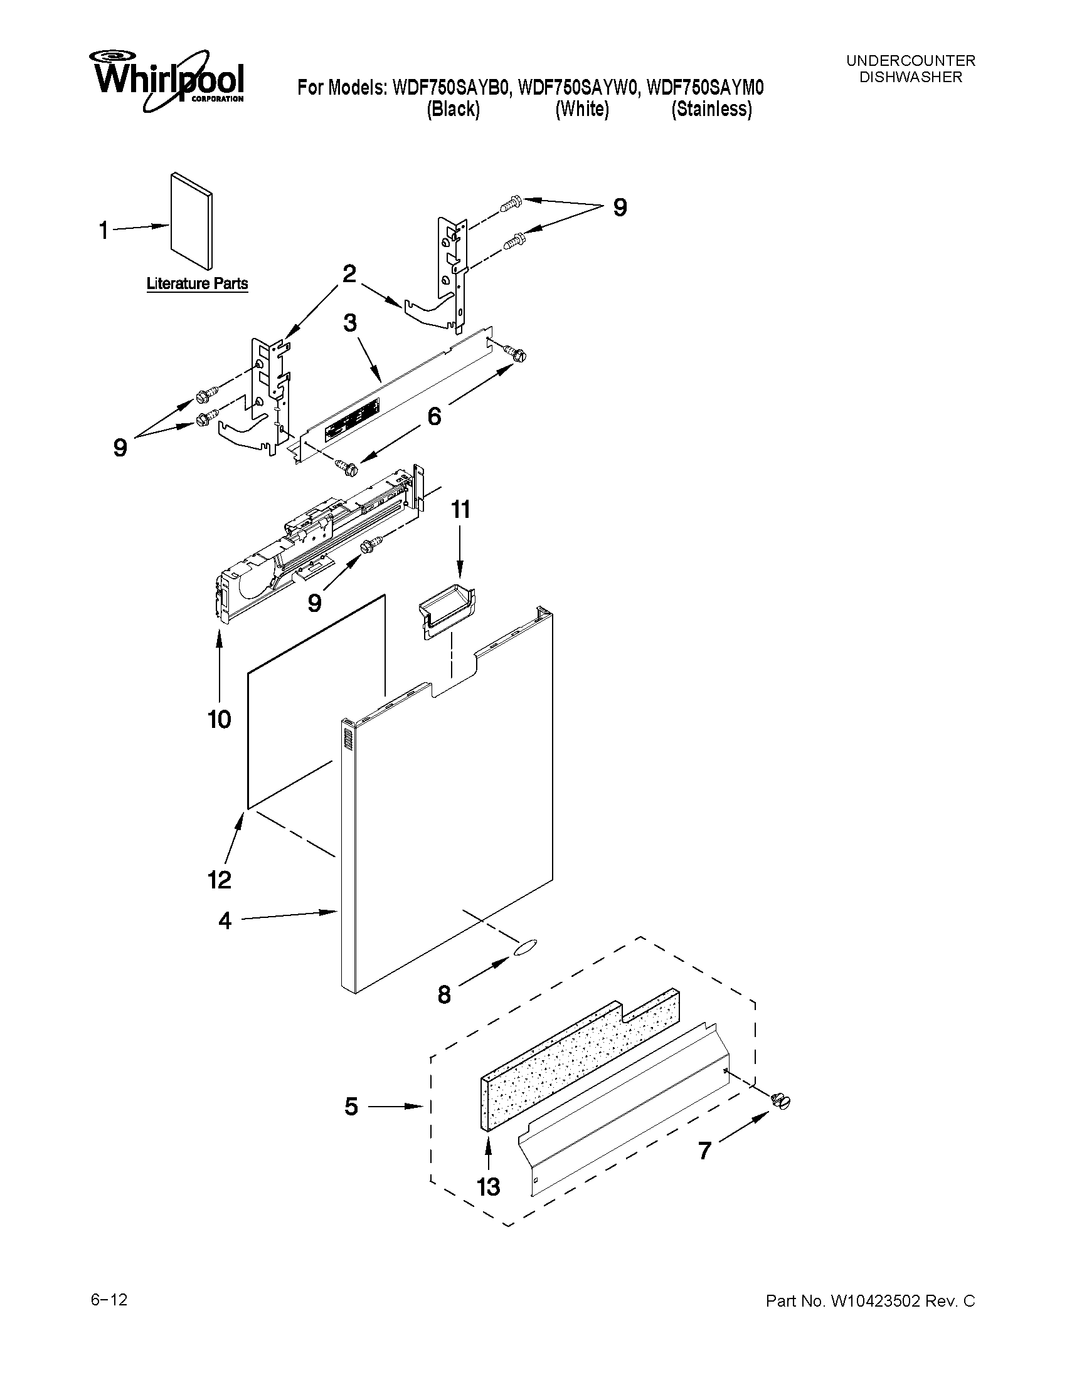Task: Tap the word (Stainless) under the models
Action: (711, 109)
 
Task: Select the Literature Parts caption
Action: (197, 283)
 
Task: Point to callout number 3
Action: (349, 323)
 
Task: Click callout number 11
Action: (460, 509)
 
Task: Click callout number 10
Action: (220, 719)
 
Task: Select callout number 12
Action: (220, 879)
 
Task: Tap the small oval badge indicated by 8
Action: (526, 946)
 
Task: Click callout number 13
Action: (488, 1187)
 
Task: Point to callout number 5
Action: (351, 1106)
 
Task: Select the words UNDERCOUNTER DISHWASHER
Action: (910, 69)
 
